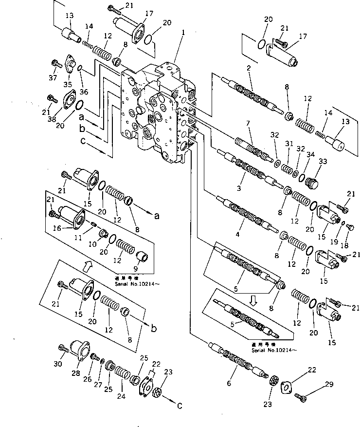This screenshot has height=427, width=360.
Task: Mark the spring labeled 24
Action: point(121,378)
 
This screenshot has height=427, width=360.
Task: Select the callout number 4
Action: point(237,234)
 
